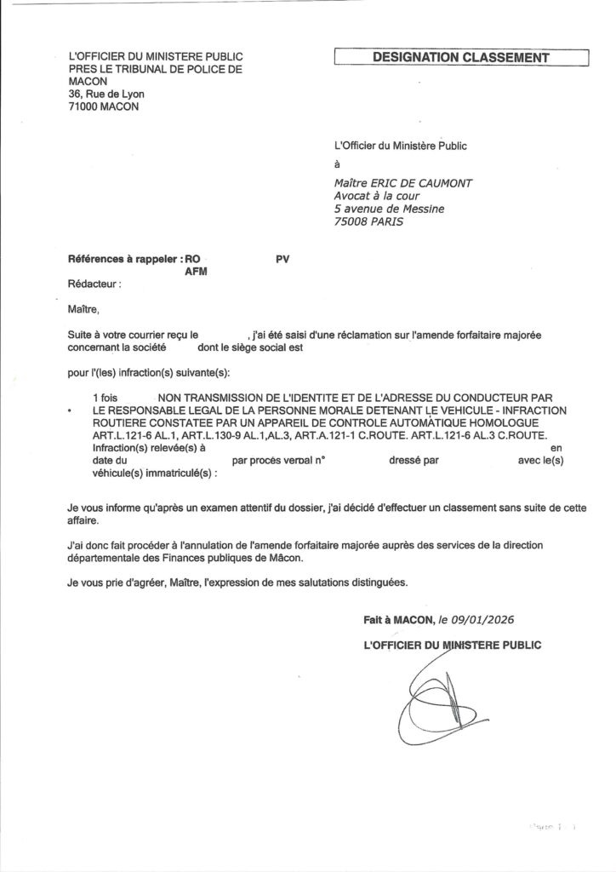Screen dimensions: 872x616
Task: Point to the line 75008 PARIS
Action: point(369,222)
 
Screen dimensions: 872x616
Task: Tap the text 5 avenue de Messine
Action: point(390,209)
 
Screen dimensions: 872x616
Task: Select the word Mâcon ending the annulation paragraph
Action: point(282,559)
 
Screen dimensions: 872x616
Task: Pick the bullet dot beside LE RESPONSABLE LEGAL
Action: point(68,410)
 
